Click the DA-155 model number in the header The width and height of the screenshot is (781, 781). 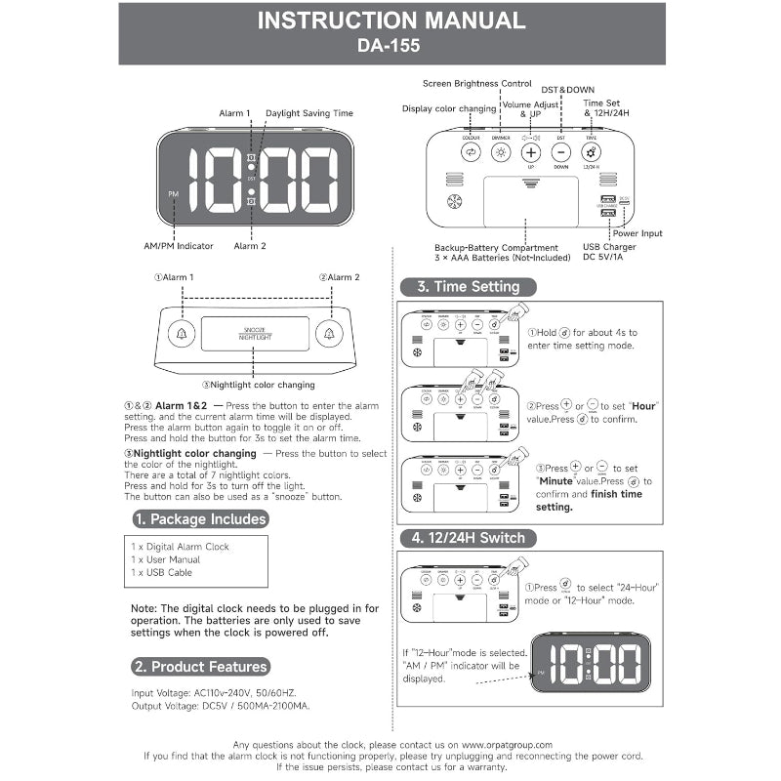pyautogui.click(x=390, y=44)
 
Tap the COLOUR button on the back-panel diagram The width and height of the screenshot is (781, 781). pyautogui.click(x=471, y=152)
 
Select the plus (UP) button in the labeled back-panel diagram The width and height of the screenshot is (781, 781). pyautogui.click(x=530, y=152)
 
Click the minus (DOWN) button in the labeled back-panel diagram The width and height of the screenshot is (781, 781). pyautogui.click(x=561, y=152)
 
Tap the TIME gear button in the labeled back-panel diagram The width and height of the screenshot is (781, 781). pyautogui.click(x=592, y=152)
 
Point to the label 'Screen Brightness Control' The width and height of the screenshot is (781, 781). pyautogui.click(x=477, y=84)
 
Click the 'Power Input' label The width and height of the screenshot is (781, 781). pyautogui.click(x=637, y=233)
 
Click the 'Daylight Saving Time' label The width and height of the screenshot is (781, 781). pyautogui.click(x=309, y=113)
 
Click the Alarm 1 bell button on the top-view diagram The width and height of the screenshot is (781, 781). pyautogui.click(x=181, y=334)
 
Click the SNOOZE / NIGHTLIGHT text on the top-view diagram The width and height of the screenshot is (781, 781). pyautogui.click(x=255, y=333)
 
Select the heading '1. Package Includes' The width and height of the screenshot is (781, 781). pyautogui.click(x=200, y=519)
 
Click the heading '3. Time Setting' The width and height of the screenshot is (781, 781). pyautogui.click(x=467, y=287)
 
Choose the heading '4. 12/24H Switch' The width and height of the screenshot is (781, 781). pyautogui.click(x=467, y=538)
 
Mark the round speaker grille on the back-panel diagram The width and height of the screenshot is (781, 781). pyautogui.click(x=452, y=203)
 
